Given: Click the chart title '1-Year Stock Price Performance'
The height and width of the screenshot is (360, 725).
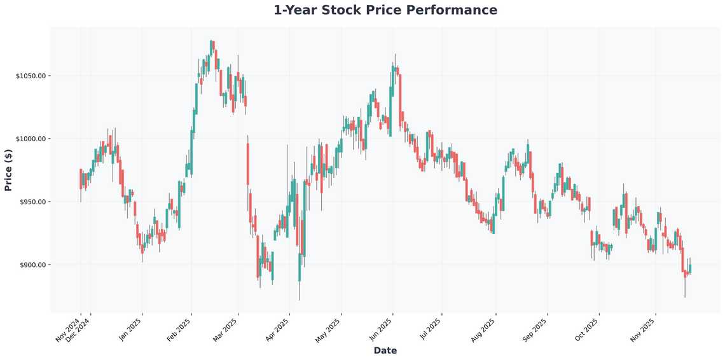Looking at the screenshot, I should coord(385,10).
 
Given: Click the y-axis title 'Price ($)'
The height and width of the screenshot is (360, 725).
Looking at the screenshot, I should coord(8,170).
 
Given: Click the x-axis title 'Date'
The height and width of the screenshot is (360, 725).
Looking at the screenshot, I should coord(385,350).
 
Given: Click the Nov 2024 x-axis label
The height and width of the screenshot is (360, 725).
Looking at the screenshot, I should coord(68,330).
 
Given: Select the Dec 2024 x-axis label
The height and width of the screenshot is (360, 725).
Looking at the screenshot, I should coord(78,330).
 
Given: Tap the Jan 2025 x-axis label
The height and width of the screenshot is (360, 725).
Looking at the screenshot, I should coord(130,330).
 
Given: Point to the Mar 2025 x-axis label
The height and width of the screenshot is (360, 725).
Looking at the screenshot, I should coord(226,330).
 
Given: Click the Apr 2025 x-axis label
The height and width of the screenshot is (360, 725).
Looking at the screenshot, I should coord(277,330).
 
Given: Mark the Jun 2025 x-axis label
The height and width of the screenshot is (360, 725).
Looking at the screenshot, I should coord(380,330).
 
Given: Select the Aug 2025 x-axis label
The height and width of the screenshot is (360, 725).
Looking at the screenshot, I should coord(484,330).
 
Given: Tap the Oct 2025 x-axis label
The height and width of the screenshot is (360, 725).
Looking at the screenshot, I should coord(586,330).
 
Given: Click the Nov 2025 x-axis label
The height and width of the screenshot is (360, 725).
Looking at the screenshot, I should coord(643,330).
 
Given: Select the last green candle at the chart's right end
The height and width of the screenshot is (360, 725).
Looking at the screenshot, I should coord(690,269).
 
